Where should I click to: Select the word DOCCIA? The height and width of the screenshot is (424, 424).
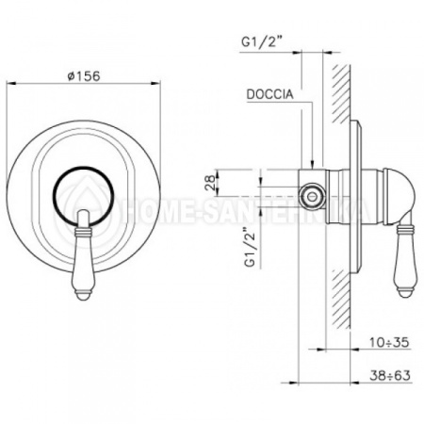pos(269,95)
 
